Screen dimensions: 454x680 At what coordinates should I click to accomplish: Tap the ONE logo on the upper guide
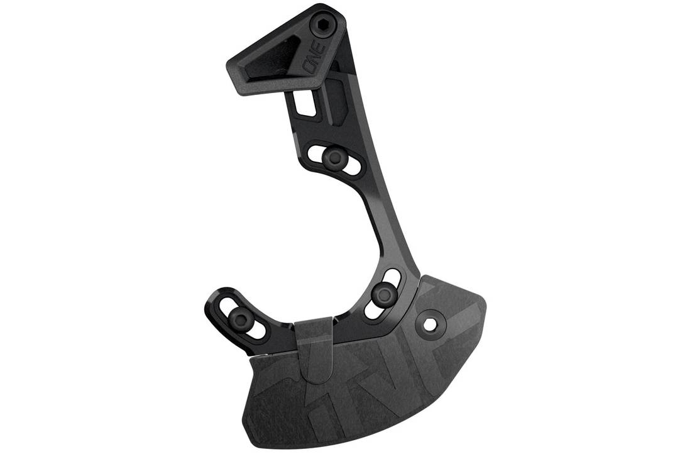[x=312, y=64]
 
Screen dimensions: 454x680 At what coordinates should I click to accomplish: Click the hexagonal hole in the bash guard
[x=430, y=324]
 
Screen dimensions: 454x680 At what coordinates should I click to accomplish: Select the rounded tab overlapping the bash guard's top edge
[x=315, y=352]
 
